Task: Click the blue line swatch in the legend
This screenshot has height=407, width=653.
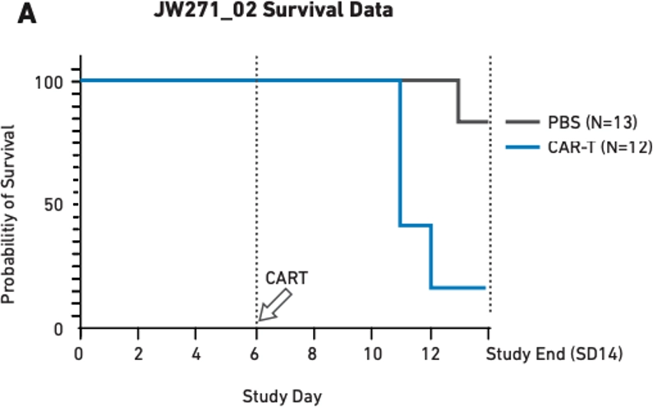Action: coord(521,147)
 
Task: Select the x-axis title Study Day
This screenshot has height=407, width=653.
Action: coord(282,396)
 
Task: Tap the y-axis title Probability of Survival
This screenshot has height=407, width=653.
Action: coord(10,214)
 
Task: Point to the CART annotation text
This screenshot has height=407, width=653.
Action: coord(287,279)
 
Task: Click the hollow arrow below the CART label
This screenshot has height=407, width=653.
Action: coord(274,307)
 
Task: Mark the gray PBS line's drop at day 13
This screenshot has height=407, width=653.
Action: coord(459,100)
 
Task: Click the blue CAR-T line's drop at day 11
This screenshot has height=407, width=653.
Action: coord(400,153)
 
